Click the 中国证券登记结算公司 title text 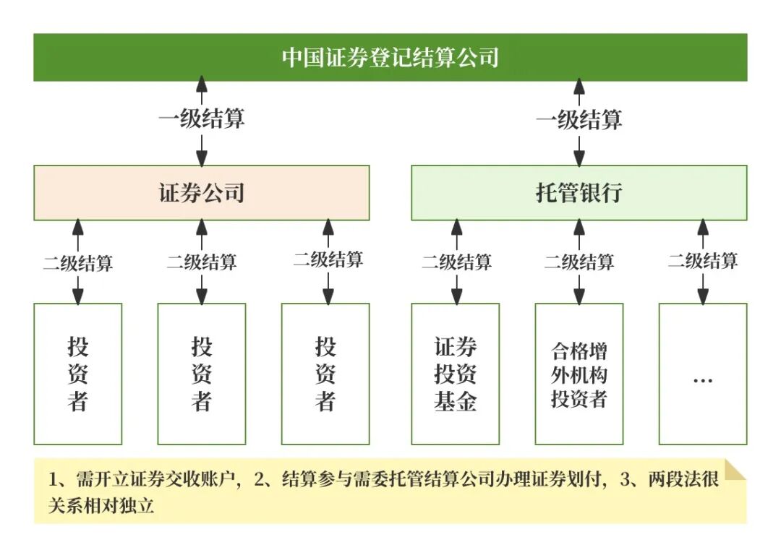click(x=390, y=58)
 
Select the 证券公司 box click(x=201, y=193)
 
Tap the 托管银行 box click(x=579, y=193)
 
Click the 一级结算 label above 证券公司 click(x=201, y=119)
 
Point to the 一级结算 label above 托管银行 click(x=579, y=119)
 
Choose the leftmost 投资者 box click(x=78, y=374)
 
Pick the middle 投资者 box click(x=202, y=374)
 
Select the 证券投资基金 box click(x=456, y=374)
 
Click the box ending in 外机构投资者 click(x=579, y=374)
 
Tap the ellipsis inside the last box click(x=702, y=379)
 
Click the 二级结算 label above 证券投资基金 click(x=456, y=262)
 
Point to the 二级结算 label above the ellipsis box click(x=702, y=260)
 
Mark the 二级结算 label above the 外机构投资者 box click(x=579, y=262)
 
